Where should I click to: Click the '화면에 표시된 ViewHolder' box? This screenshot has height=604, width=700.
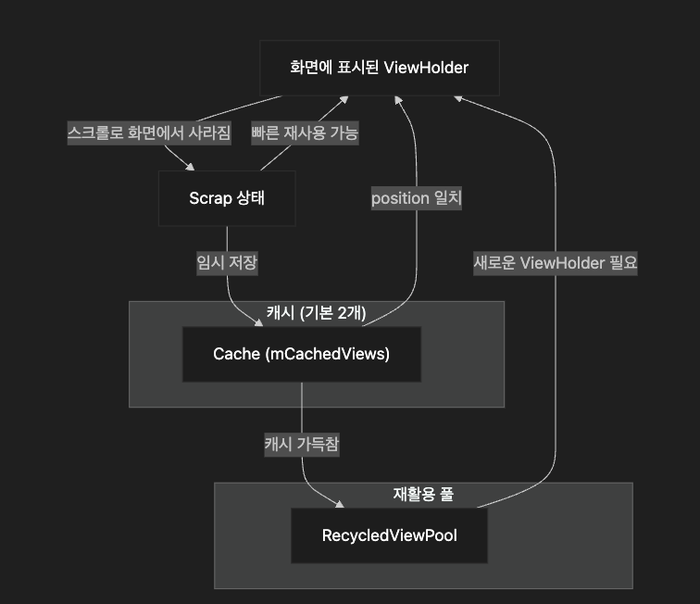pyautogui.click(x=379, y=68)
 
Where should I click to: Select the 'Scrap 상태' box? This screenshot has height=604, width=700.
pyautogui.click(x=227, y=197)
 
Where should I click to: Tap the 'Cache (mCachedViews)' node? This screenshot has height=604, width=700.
pyautogui.click(x=301, y=354)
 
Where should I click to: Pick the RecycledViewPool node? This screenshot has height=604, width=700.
pyautogui.click(x=389, y=535)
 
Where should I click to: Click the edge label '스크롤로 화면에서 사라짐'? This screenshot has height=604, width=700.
pyautogui.click(x=149, y=132)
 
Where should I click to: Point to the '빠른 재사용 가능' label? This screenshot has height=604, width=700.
pyautogui.click(x=305, y=132)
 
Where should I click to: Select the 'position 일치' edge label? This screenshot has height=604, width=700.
pyautogui.click(x=417, y=198)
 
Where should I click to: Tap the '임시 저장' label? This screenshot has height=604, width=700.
pyautogui.click(x=227, y=262)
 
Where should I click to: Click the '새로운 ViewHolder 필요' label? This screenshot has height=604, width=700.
pyautogui.click(x=556, y=262)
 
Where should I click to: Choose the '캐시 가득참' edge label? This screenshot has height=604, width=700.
pyautogui.click(x=302, y=445)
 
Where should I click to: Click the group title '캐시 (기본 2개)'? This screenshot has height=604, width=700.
pyautogui.click(x=317, y=313)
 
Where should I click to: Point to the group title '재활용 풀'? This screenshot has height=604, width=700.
pyautogui.click(x=423, y=494)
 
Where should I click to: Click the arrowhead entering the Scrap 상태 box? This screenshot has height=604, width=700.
pyautogui.click(x=192, y=167)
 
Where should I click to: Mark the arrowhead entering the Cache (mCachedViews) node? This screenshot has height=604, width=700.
pyautogui.click(x=260, y=322)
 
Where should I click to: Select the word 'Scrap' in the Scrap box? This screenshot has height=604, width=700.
pyautogui.click(x=209, y=197)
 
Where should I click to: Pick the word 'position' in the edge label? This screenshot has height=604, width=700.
pyautogui.click(x=401, y=198)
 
